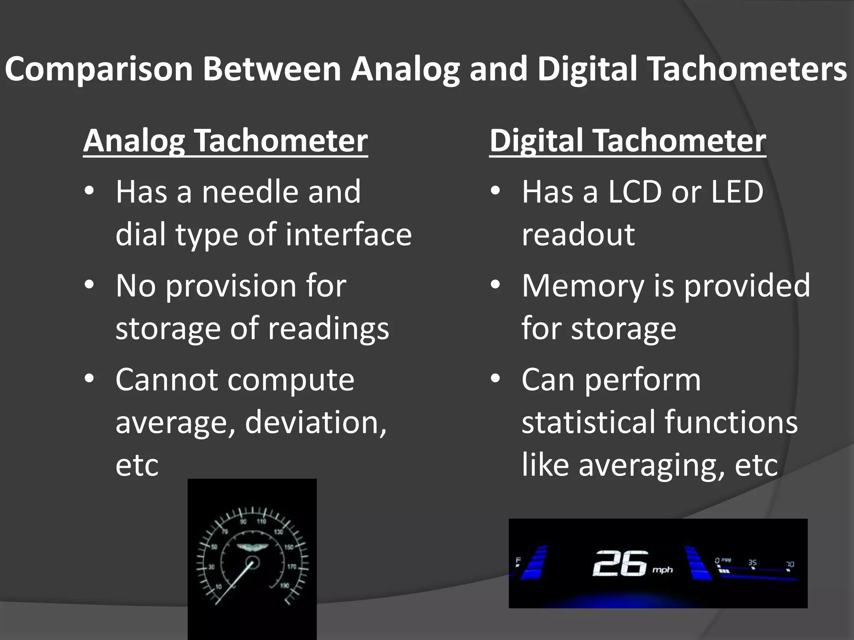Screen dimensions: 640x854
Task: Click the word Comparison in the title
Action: tap(99, 69)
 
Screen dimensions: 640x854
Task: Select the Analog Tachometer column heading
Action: tap(225, 141)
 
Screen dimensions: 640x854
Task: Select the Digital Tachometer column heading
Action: tap(628, 141)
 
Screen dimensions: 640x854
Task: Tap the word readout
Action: tap(578, 235)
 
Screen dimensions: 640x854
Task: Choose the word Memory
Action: tap(583, 286)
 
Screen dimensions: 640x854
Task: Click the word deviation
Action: tap(315, 422)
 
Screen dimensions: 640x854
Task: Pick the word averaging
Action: tap(651, 465)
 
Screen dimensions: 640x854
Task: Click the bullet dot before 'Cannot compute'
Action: tap(89, 379)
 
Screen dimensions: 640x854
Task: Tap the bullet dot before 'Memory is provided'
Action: tap(495, 285)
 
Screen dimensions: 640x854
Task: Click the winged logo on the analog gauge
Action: tap(252, 548)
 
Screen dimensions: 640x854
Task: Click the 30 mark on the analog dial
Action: tap(211, 567)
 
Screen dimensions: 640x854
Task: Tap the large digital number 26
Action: tap(620, 563)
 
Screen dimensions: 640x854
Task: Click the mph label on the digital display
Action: tap(663, 570)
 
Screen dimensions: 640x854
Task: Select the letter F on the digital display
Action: tap(518, 560)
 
